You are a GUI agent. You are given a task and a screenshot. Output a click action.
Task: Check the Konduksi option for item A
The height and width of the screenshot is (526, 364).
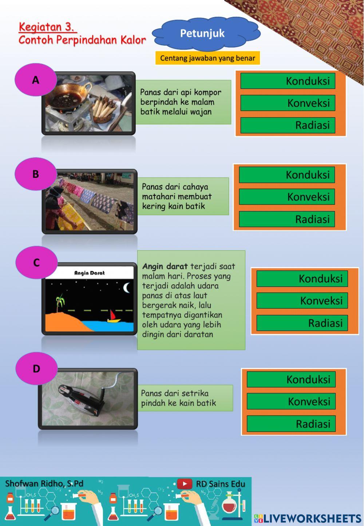point(288,81)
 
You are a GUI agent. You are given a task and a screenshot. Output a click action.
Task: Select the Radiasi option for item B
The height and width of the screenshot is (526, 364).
point(287,219)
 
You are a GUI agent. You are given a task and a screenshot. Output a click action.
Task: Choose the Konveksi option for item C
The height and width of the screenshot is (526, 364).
point(302,301)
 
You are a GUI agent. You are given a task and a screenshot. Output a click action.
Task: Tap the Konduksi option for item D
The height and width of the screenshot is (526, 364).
point(291,379)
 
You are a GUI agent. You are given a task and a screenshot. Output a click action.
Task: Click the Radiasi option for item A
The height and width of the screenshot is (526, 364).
point(288,125)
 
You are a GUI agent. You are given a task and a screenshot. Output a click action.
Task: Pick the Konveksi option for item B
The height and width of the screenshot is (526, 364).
point(287,197)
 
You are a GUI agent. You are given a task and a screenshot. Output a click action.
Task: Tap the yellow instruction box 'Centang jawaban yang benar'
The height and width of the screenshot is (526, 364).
point(207,58)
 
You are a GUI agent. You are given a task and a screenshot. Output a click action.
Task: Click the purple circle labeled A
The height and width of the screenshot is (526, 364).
point(36,80)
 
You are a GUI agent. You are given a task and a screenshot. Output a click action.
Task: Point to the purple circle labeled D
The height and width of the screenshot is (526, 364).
point(36,369)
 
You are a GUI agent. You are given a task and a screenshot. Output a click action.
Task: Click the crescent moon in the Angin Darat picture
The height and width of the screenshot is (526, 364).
point(127,288)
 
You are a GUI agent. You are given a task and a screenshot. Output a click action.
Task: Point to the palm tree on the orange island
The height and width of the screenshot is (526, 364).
point(60,303)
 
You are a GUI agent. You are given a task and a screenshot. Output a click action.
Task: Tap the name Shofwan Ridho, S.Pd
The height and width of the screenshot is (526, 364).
point(44,483)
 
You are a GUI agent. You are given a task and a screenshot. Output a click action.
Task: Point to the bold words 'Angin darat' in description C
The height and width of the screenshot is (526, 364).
point(165,266)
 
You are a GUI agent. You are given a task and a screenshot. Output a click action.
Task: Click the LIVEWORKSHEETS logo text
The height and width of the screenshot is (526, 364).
point(308,518)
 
